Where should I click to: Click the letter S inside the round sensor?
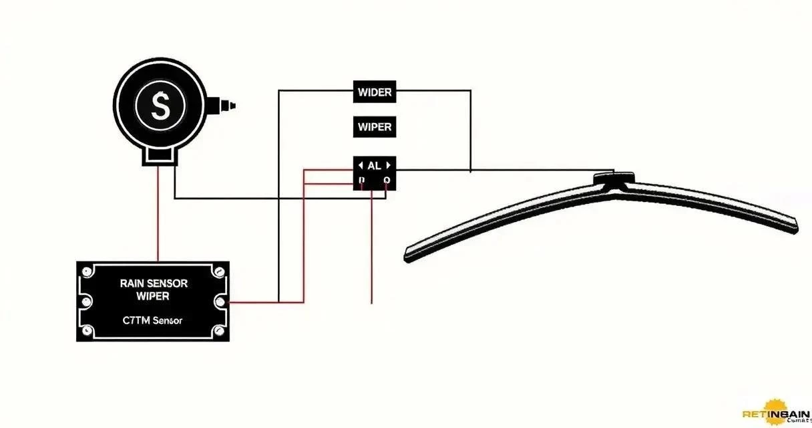tap(160, 106)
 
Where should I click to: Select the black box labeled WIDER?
tap(375, 92)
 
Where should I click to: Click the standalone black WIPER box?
tap(375, 126)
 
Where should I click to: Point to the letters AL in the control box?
tap(374, 165)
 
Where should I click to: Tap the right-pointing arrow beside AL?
tap(388, 165)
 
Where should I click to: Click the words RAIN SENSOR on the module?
tap(154, 284)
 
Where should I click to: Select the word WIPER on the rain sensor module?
tap(153, 296)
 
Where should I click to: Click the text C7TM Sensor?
tap(153, 321)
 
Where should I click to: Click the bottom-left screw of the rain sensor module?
tap(85, 331)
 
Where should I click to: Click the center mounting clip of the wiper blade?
tap(614, 179)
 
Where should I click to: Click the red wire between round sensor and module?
tap(158, 214)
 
